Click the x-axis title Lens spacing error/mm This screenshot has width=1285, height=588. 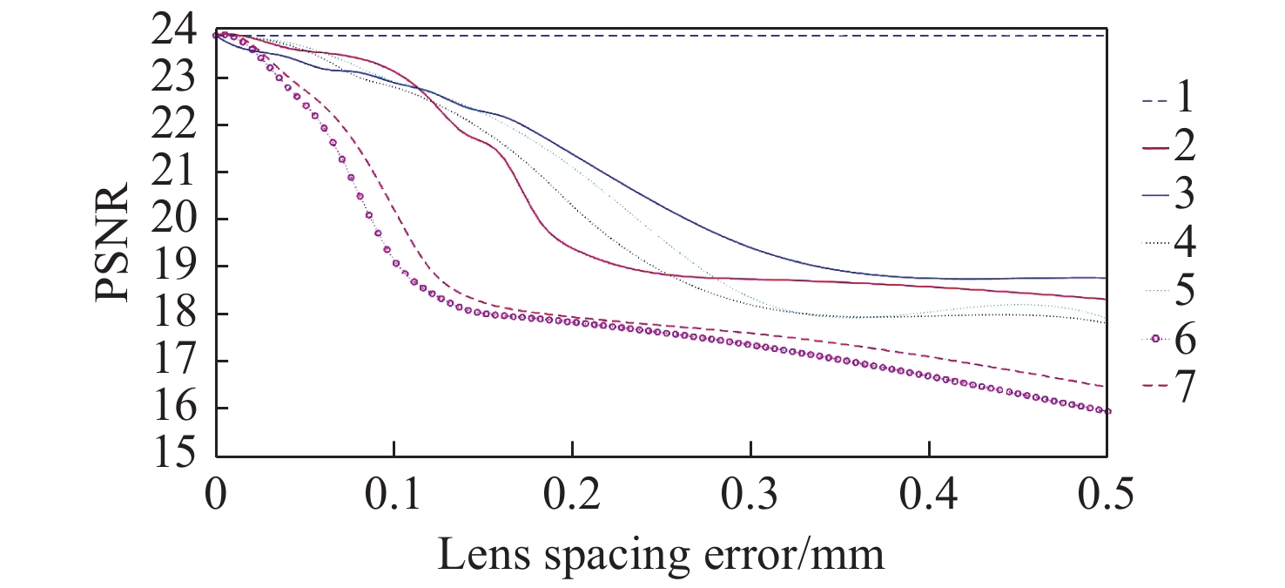[x=661, y=554]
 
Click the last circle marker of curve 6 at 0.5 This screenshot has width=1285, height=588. [x=1107, y=411]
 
